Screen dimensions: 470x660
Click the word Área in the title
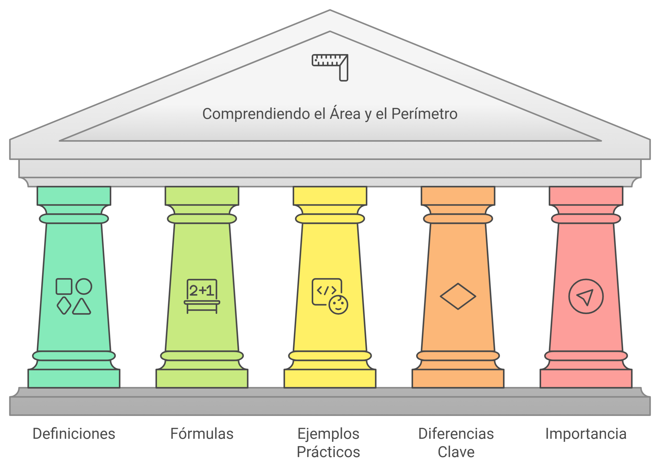(345, 113)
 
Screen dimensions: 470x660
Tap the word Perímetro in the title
(424, 113)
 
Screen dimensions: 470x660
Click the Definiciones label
(74, 434)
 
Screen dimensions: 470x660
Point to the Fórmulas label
(202, 434)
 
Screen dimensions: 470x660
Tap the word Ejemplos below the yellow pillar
(328, 434)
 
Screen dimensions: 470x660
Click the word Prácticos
(328, 452)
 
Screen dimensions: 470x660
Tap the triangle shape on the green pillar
(81, 307)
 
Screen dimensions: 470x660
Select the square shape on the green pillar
(64, 287)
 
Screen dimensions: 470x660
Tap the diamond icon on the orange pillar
(458, 296)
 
